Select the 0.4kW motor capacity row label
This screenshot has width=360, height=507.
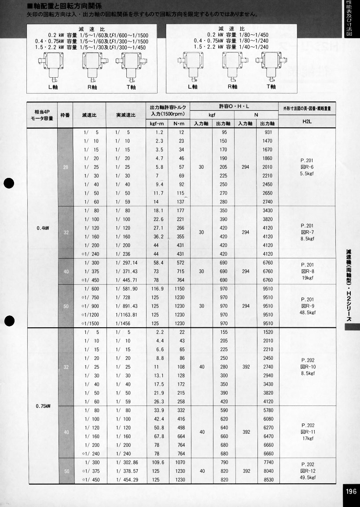[43, 228]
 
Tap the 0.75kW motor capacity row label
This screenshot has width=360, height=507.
[43, 406]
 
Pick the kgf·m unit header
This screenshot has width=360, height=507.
[157, 123]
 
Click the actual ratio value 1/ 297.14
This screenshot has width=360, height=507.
[127, 263]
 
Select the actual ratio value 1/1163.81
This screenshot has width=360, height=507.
[127, 315]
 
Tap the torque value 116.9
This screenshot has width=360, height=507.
[158, 289]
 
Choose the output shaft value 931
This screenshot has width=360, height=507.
[268, 132]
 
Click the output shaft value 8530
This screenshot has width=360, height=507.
[268, 480]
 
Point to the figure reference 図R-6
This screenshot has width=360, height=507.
[307, 167]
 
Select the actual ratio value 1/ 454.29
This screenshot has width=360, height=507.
[127, 480]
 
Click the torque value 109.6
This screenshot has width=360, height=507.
[158, 462]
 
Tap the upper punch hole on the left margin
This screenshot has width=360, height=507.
[10, 184]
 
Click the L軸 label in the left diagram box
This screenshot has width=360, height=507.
[53, 87]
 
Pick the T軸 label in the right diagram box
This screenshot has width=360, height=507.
[271, 87]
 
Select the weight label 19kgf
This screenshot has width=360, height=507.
[307, 278]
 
